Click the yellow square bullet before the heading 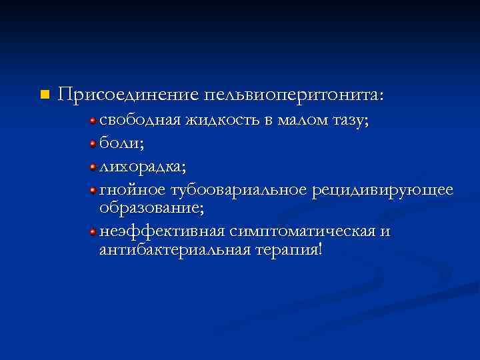pyautogui.click(x=45, y=95)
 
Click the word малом pyautogui.click(x=289, y=121)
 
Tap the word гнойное pyautogui.click(x=132, y=189)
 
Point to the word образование pyautogui.click(x=151, y=208)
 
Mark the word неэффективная pyautogui.click(x=161, y=231)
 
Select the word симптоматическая pyautogui.click(x=302, y=231)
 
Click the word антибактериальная pyautogui.click(x=173, y=251)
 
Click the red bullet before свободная pyautogui.click(x=94, y=121)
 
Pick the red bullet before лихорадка pyautogui.click(x=94, y=165)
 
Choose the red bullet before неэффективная pyautogui.click(x=94, y=231)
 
